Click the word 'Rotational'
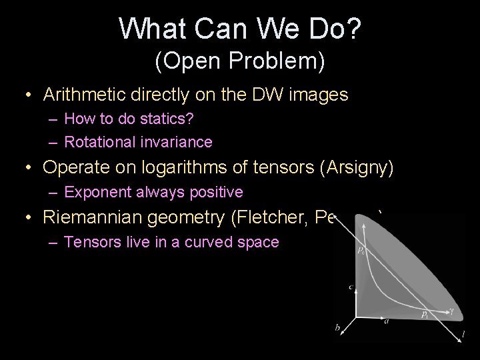[95, 141]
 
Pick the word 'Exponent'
[94, 193]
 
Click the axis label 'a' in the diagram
[386, 321]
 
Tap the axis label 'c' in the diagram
[350, 287]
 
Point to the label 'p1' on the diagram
[423, 313]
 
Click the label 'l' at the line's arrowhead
[463, 333]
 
